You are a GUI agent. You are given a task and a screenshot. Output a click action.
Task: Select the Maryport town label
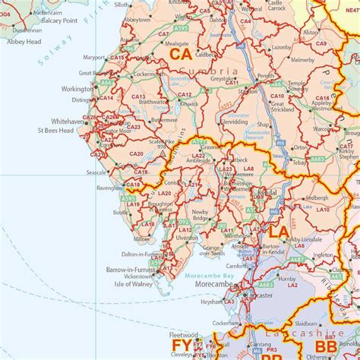click(x=94, y=58)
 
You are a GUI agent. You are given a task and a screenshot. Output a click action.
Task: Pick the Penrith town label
click(x=266, y=77)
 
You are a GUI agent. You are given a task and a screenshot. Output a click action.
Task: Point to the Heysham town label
click(x=211, y=302)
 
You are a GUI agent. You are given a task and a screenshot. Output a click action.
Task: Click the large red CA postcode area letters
click(x=181, y=55)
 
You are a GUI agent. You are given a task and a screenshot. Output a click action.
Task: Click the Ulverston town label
click(x=187, y=238)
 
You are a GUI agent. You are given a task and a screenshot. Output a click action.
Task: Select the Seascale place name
click(x=96, y=172)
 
